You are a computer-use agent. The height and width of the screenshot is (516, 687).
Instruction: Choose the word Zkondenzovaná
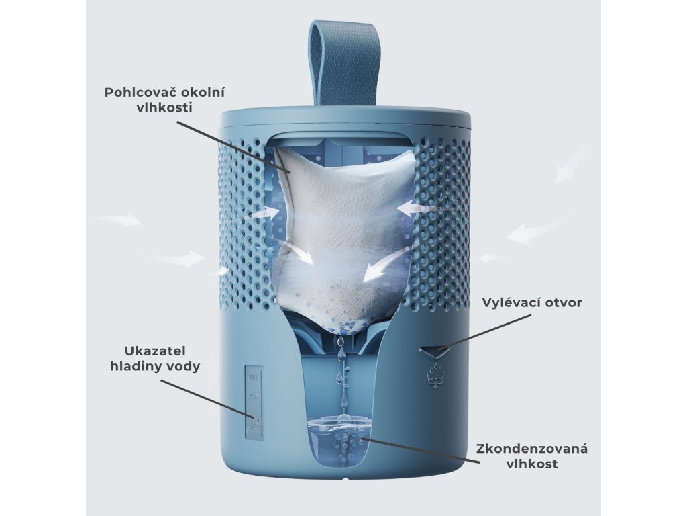532,448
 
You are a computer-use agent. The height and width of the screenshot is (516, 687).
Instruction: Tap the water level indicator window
255,402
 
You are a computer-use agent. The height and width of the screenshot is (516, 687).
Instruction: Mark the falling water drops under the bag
342,376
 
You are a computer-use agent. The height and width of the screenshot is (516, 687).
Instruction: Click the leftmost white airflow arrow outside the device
119,219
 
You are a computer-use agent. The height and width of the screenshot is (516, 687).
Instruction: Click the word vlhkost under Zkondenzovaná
532,464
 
